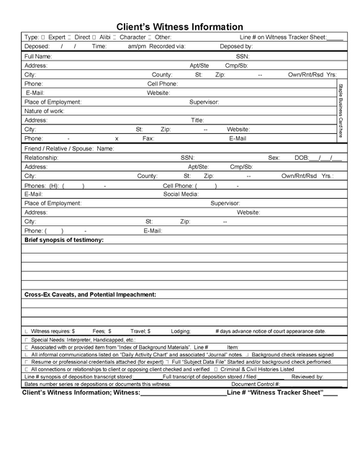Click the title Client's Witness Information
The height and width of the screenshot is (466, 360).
tap(180, 26)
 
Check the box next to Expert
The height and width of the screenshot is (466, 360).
tap(44, 37)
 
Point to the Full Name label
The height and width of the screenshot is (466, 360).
tap(37, 55)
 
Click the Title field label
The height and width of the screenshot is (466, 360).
tap(197, 120)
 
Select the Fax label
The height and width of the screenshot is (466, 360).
tap(148, 138)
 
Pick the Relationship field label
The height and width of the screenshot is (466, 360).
tap(41, 157)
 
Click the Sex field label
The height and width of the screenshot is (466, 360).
tap(274, 157)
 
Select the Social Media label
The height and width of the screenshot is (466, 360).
tap(181, 194)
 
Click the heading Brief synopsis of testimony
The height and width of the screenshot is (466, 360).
tap(64, 239)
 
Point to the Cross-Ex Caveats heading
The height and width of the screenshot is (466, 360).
tap(90, 295)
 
